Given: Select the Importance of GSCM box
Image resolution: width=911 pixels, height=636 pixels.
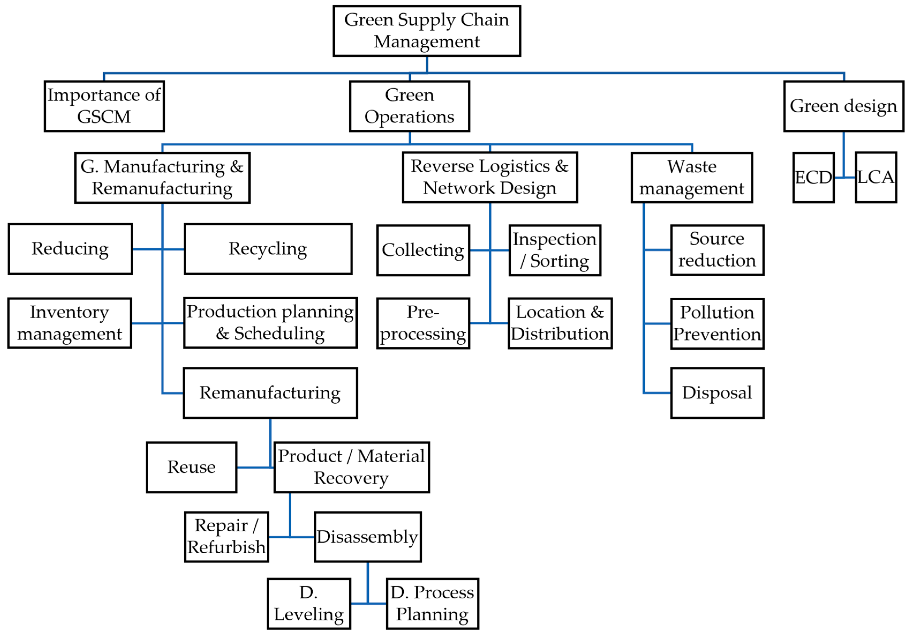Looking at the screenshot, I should pyautogui.click(x=104, y=106).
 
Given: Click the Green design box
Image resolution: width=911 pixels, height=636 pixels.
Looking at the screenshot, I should pyautogui.click(x=844, y=106).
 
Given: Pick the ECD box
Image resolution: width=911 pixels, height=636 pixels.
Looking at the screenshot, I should pyautogui.click(x=813, y=177).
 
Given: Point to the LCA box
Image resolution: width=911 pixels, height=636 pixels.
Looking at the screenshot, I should pyautogui.click(x=876, y=177).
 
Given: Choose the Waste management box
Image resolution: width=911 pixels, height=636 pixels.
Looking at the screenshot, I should pyautogui.click(x=691, y=177).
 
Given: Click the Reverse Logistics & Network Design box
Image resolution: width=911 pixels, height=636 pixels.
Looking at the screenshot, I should pyautogui.click(x=490, y=177).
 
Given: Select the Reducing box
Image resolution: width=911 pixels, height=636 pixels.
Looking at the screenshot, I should pyautogui.click(x=70, y=249).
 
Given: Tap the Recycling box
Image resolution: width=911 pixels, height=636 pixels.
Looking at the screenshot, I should pyautogui.click(x=268, y=249).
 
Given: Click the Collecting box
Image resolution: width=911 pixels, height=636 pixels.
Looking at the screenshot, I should pyautogui.click(x=423, y=250).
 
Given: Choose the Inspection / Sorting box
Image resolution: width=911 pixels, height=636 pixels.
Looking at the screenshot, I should pyautogui.click(x=555, y=250).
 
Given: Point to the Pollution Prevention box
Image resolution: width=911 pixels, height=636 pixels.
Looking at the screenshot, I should pyautogui.click(x=717, y=323).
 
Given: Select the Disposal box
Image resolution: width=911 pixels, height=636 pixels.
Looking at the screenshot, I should pyautogui.click(x=717, y=393).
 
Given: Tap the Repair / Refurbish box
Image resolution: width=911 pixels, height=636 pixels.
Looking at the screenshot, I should pyautogui.click(x=226, y=536).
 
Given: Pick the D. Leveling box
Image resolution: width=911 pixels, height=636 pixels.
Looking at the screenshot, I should pyautogui.click(x=309, y=603).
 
